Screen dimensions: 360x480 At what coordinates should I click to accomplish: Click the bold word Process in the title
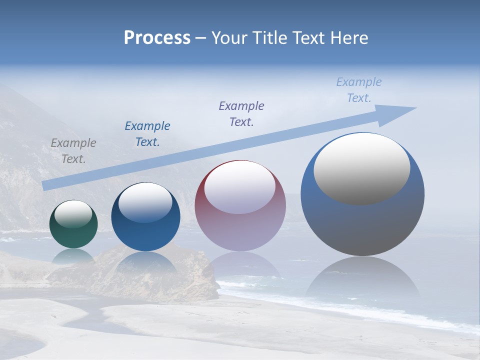pos(157,38)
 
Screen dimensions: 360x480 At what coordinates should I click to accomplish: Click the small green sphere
pos(73,235)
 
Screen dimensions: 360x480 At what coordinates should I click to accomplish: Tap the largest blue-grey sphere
pos(362,225)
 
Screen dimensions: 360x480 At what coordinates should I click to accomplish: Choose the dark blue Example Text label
pos(147,134)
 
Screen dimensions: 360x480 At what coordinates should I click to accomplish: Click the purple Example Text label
pos(241,114)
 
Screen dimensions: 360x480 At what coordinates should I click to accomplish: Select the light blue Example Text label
pos(359,90)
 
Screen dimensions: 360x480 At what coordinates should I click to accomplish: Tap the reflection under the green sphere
pos(73,255)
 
